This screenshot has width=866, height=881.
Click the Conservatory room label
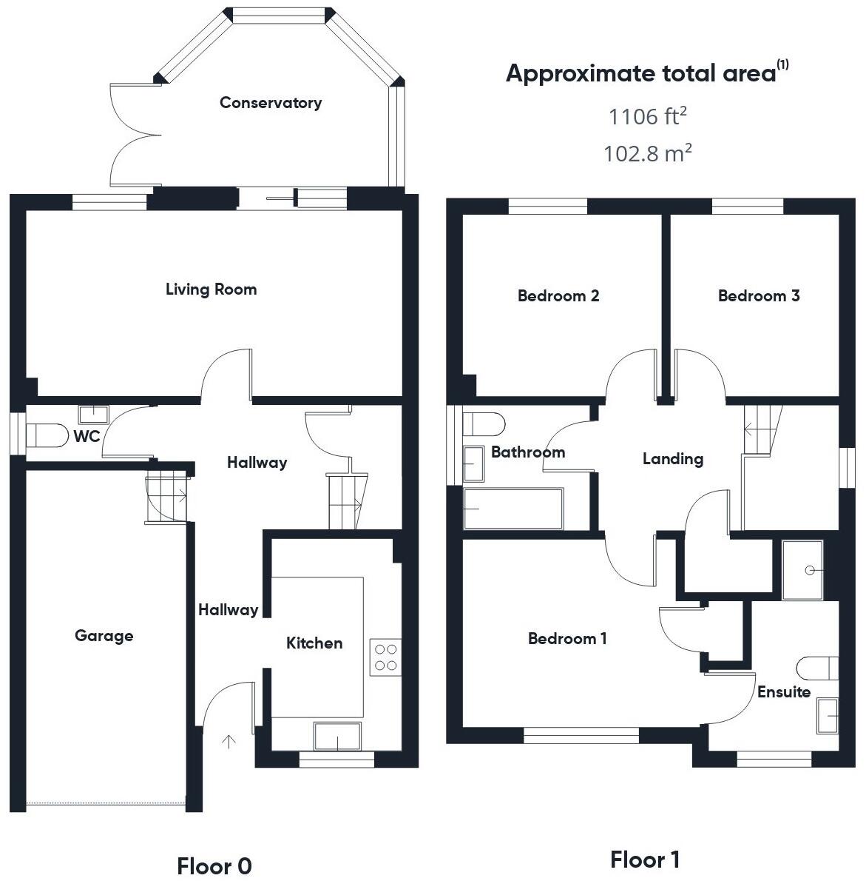(271, 103)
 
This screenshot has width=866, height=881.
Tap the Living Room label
(211, 289)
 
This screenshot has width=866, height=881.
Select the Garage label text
(104, 635)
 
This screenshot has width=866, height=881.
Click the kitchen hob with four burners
(385, 657)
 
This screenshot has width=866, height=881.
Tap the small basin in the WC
(94, 413)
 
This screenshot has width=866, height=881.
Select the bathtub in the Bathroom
(513, 509)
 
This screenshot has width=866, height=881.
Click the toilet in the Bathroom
(484, 424)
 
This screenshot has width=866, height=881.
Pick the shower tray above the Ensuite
(802, 569)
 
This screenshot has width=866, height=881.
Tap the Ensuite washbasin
(828, 716)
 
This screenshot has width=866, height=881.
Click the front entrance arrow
(229, 740)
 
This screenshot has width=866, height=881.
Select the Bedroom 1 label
(567, 638)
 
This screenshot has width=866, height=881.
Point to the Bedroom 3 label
(759, 296)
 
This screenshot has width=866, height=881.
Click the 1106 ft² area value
(648, 116)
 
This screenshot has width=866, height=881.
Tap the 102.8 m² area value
(648, 153)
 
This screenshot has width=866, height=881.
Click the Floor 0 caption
(214, 865)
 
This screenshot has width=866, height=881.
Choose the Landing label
(672, 459)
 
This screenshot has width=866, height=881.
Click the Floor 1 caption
(645, 860)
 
